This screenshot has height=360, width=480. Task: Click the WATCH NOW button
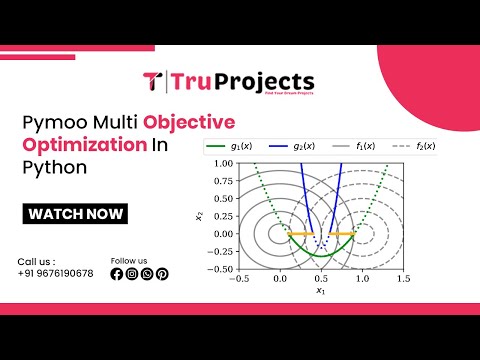[76, 213]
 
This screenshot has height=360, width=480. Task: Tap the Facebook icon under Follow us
[117, 274]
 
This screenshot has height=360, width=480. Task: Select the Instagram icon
[132, 274]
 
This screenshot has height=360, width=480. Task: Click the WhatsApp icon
[147, 274]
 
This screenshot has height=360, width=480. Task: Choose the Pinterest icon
[162, 274]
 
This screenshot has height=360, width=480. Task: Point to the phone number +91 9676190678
[55, 274]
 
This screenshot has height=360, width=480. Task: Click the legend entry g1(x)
[234, 147]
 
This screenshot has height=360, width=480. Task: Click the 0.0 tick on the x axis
[279, 280]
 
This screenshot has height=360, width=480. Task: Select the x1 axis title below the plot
[321, 291]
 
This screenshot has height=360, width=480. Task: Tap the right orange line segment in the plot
[343, 233]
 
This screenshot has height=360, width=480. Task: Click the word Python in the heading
[47, 167]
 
